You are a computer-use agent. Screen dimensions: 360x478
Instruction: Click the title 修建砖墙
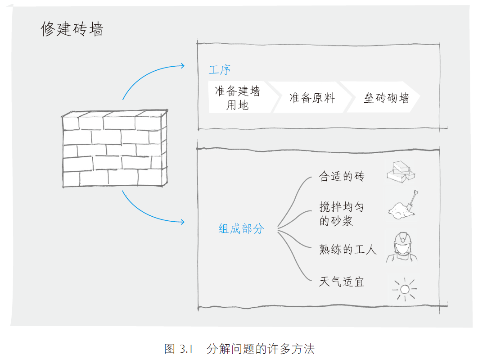coord(72,29)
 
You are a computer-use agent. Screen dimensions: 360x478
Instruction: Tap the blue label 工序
coord(220,70)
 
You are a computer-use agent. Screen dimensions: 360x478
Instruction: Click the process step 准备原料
coord(312,98)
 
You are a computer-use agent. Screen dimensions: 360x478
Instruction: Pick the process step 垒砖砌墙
coord(387,98)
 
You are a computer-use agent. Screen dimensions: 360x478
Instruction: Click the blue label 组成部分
coord(241,229)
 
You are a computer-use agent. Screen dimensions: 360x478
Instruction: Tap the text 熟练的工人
coord(347,249)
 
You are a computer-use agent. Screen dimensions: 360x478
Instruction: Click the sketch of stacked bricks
coord(401,172)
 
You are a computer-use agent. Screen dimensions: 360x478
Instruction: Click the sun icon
coord(403,289)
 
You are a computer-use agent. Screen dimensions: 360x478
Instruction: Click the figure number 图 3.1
coord(178,349)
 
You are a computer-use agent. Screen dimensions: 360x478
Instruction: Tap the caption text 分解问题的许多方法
coord(261,349)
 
